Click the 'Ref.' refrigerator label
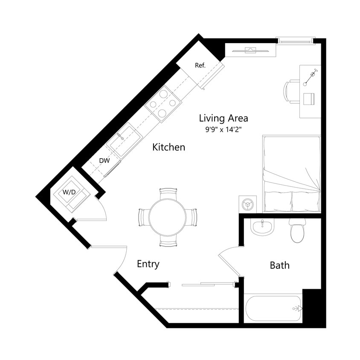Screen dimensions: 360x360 (x=200, y=65)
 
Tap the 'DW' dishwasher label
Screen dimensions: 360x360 (x=105, y=161)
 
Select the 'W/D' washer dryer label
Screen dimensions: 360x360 (x=69, y=192)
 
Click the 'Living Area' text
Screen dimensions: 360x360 (x=223, y=118)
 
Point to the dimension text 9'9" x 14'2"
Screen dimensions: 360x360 (x=224, y=130)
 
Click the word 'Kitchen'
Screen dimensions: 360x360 (x=169, y=148)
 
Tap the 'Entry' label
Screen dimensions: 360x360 (x=148, y=264)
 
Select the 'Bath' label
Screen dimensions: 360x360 (x=279, y=266)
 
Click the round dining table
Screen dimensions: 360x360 (x=167, y=217)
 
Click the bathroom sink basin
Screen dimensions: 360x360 (x=262, y=227)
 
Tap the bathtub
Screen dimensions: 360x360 (x=273, y=308)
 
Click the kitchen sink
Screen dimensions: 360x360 (x=124, y=139)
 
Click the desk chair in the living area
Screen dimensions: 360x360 (x=291, y=91)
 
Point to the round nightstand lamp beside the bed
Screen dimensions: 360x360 (x=247, y=204)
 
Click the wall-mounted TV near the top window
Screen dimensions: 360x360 (x=250, y=51)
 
